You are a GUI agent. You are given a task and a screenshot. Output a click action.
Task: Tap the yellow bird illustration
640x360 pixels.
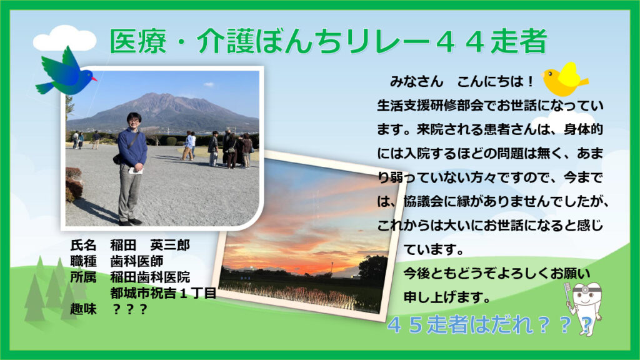565,79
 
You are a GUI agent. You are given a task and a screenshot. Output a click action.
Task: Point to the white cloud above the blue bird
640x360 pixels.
64,38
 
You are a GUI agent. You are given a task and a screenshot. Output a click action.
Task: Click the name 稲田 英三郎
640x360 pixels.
150,245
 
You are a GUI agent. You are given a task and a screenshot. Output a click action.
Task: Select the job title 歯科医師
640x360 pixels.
137,261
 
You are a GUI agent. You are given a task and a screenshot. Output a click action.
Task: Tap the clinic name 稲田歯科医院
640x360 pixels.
150,277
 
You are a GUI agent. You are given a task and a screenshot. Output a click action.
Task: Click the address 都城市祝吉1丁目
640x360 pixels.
163,292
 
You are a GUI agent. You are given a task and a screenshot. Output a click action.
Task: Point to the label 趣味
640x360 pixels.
83,309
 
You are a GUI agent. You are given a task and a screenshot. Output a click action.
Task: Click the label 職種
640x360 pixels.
83,261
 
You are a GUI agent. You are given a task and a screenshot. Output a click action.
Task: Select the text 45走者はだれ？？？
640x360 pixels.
489,325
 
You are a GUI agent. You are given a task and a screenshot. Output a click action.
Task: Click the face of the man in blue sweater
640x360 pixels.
133,120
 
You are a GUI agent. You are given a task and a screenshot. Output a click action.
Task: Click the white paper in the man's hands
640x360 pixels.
136,170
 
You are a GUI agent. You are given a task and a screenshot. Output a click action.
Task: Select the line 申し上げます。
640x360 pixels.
447,297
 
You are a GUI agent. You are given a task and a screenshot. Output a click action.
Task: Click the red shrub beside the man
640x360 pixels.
74,184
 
